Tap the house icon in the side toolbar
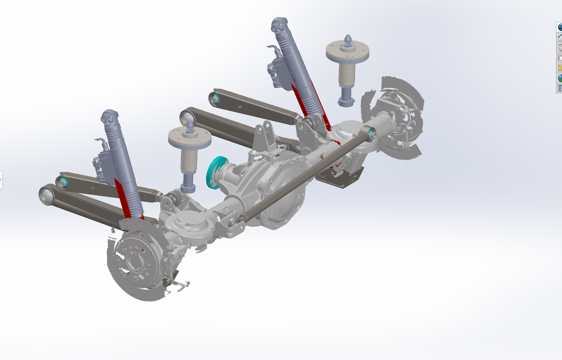(x=559, y=38)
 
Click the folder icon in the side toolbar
(x=559, y=58)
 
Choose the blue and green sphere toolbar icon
(x=559, y=78)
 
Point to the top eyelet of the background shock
(x=279, y=25)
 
